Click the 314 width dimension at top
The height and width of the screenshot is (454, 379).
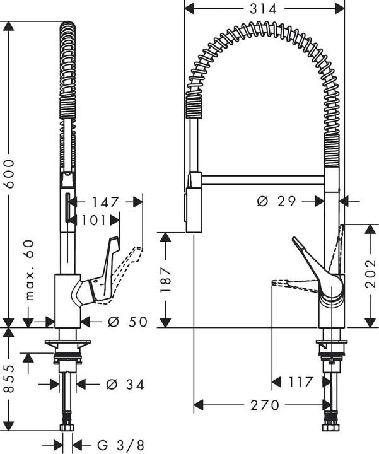[x=265, y=9]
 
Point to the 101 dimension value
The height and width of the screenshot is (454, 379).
[x=93, y=220]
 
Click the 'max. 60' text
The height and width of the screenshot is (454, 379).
[x=28, y=270]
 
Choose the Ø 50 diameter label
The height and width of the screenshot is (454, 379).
[x=127, y=322]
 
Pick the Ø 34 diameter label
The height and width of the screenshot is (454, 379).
[x=125, y=383]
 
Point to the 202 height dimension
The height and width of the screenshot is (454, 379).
[x=370, y=275]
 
